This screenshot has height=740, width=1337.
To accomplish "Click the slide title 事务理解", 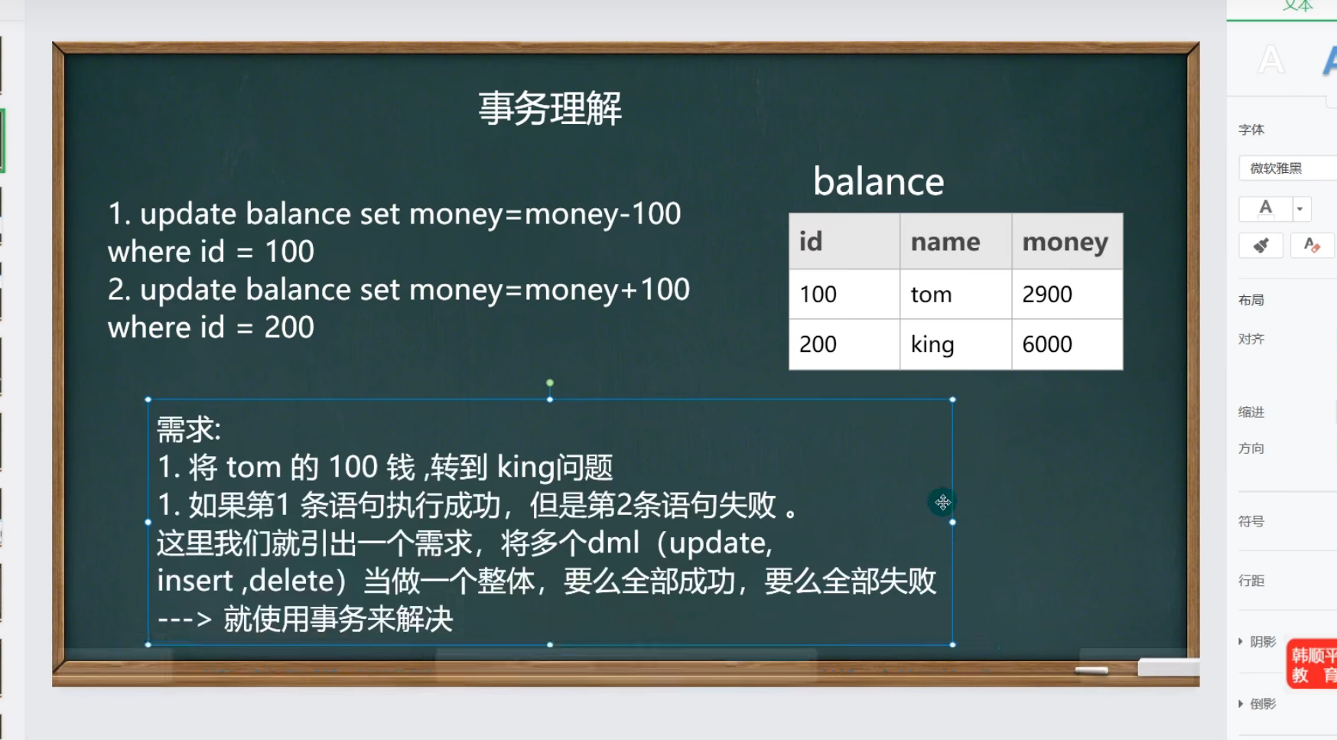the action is [550, 108].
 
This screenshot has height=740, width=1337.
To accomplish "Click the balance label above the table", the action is [879, 181].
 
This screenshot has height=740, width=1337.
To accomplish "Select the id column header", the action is [844, 241].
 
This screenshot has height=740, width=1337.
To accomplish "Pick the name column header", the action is [956, 241].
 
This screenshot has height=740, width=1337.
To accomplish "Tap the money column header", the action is [1067, 241].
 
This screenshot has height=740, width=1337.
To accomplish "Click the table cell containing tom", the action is [956, 294].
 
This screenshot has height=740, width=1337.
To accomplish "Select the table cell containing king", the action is [956, 344].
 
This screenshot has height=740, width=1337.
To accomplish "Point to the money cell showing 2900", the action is [1067, 294].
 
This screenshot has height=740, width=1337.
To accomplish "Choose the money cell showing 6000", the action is [1067, 344].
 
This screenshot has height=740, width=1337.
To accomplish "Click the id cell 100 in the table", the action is [844, 294].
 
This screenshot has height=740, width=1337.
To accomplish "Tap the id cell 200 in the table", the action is [844, 344].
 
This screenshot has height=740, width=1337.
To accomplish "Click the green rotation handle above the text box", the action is [550, 383].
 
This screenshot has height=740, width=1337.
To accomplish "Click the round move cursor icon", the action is [942, 502].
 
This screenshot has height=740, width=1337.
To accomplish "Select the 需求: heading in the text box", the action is [189, 429].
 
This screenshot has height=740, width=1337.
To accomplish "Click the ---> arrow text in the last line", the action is [184, 618].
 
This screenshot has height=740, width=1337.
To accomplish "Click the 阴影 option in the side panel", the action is [1263, 641].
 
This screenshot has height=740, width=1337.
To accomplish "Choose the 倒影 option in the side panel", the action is [1263, 703].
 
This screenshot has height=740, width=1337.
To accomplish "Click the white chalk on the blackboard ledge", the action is [1091, 670].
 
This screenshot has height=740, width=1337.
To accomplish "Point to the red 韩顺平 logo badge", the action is [1313, 664].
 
